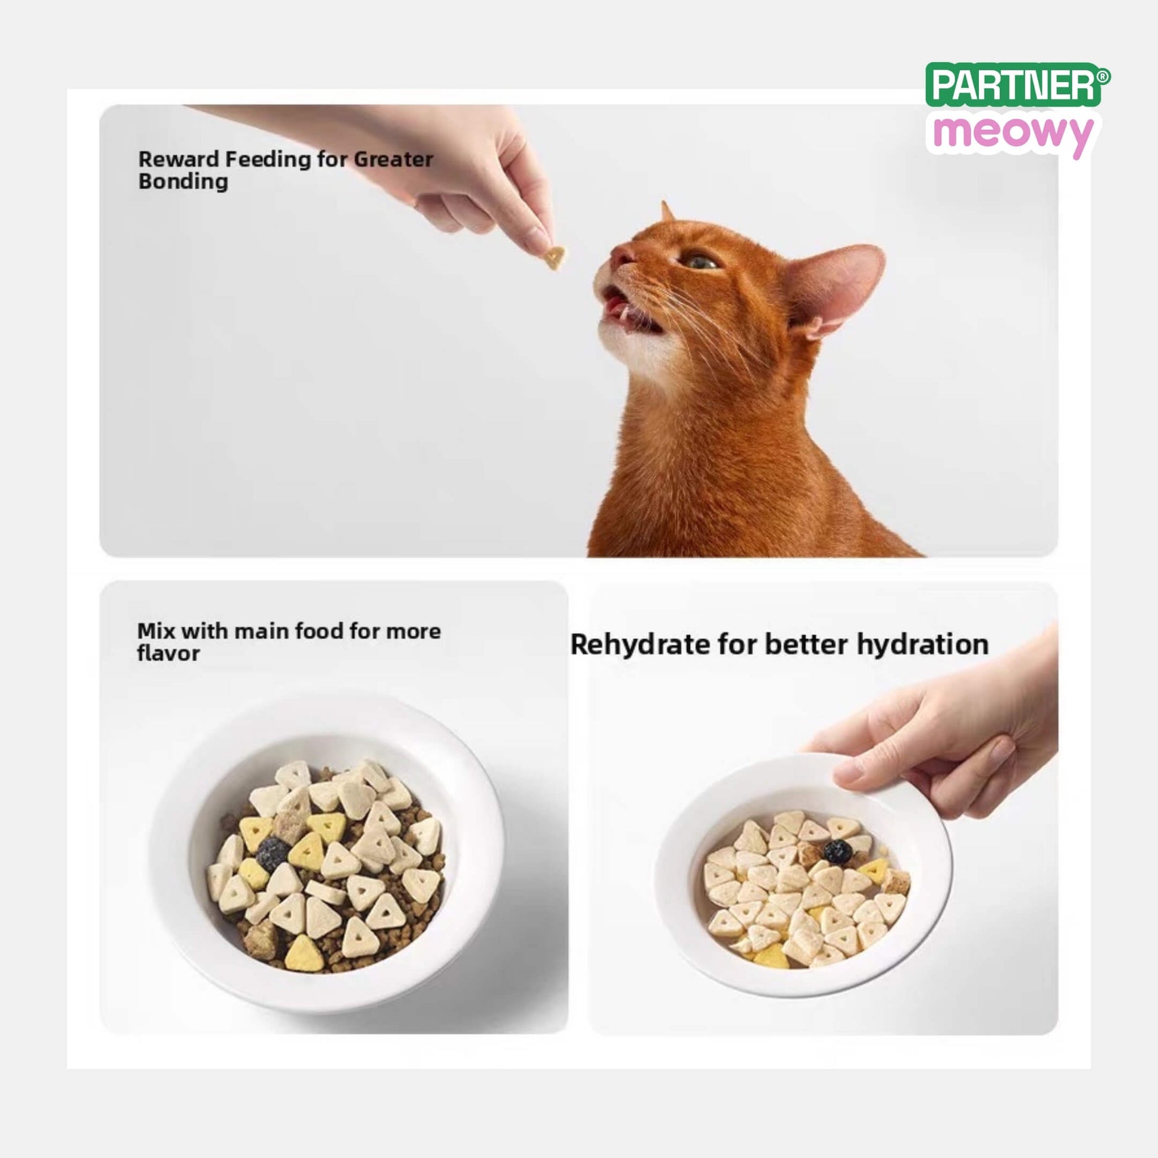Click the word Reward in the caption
click(178, 159)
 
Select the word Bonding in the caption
click(183, 181)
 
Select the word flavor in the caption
click(168, 653)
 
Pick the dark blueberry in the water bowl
click(837, 850)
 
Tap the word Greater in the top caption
click(393, 159)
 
